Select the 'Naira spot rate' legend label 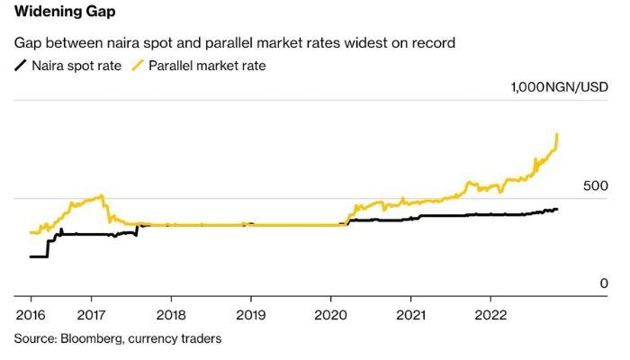(76, 66)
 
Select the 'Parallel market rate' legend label (207, 66)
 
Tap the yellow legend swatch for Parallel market (138, 66)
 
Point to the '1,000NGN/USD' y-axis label (559, 87)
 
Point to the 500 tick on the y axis (597, 185)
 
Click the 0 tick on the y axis (605, 283)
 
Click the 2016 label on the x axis (31, 317)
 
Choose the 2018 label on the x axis (171, 317)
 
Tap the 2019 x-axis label (250, 317)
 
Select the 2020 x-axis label (330, 317)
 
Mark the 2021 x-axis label (410, 317)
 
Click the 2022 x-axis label (490, 317)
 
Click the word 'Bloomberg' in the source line (90, 338)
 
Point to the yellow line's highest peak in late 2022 (558, 134)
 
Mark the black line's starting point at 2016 (31, 256)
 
